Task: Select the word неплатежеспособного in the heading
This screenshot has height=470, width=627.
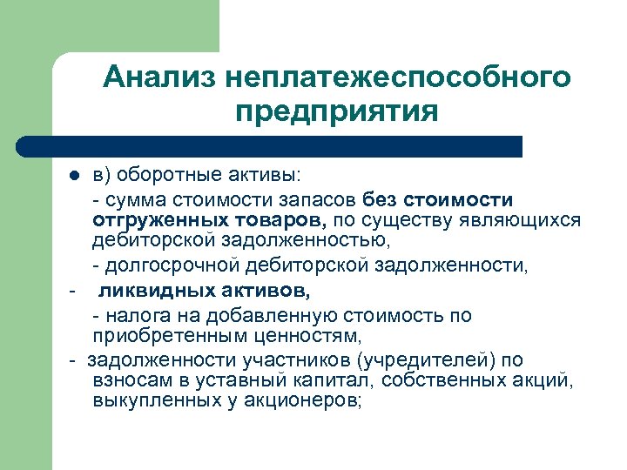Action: tap(397, 79)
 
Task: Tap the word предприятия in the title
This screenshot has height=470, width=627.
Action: tap(336, 112)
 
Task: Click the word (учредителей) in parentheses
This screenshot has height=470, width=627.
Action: tap(422, 359)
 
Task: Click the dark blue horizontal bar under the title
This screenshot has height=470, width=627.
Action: tap(270, 145)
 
